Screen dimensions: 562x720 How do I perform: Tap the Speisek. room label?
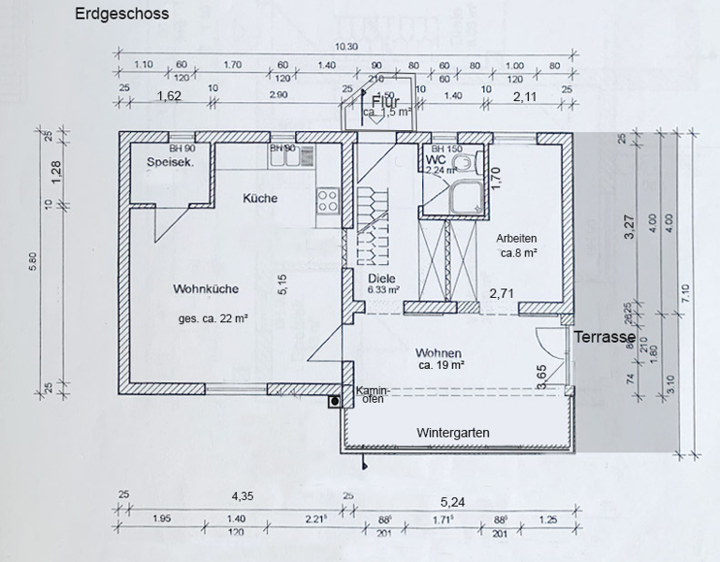tap(169, 163)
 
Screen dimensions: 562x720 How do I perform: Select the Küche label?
tap(259, 199)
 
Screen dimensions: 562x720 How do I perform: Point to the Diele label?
tap(382, 278)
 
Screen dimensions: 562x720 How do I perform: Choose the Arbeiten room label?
tap(517, 238)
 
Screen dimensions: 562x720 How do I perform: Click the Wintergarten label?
tap(452, 432)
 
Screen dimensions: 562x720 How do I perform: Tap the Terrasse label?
tap(605, 336)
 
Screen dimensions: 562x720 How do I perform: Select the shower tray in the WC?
tap(462, 198)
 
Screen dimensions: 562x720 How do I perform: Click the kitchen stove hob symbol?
tap(328, 199)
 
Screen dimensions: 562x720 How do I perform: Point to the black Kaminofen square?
tap(334, 402)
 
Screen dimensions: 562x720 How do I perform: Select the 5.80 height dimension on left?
tap(35, 262)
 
